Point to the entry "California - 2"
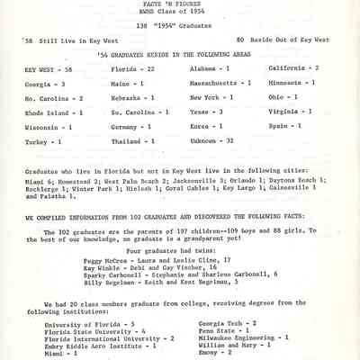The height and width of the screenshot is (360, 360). click(x=293, y=67)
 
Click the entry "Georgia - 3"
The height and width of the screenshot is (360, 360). click(x=45, y=82)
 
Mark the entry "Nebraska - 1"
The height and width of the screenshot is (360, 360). click(x=130, y=96)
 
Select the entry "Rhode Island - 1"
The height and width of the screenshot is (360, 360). click(x=54, y=111)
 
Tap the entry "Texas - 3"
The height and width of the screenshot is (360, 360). click(x=207, y=111)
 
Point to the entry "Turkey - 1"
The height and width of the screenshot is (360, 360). click(x=43, y=141)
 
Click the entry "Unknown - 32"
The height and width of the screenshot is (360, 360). click(x=213, y=141)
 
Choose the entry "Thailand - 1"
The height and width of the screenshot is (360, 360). click(x=131, y=141)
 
